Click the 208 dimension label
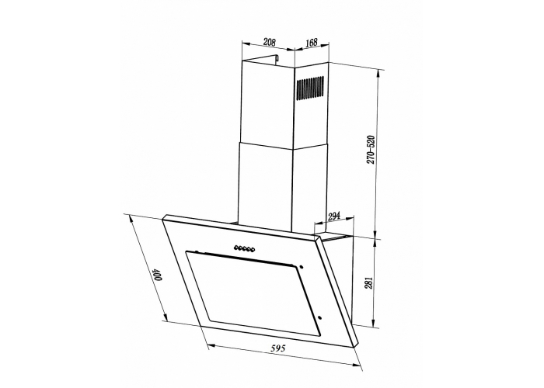tap(269, 42)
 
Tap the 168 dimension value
tap(312, 43)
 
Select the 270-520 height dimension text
tap(371, 150)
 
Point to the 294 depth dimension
tap(333, 217)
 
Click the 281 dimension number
tap(369, 282)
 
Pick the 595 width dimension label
tap(278, 348)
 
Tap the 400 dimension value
tap(158, 274)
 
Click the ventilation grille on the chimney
tap(310, 88)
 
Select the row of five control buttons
tap(245, 248)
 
